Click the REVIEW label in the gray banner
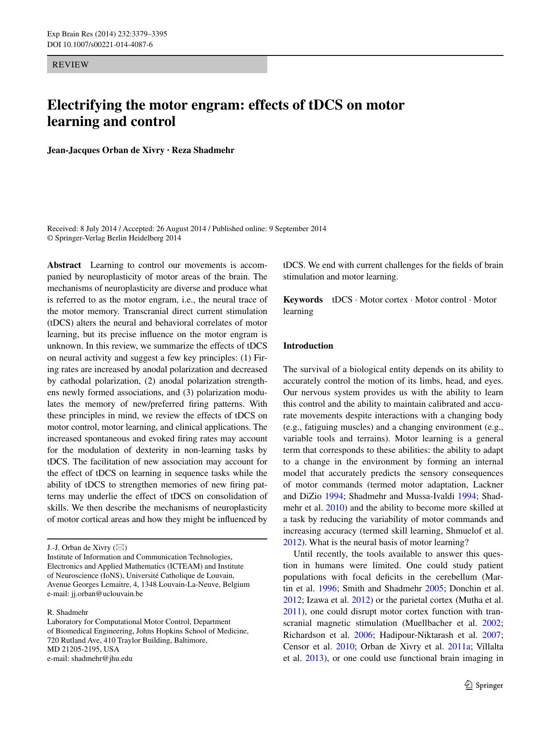tap(70, 65)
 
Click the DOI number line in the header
tap(100, 44)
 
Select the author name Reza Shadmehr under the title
tap(203, 150)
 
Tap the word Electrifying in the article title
tap(84, 105)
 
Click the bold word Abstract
tap(64, 265)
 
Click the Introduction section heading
tap(308, 346)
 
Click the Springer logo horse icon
tap(468, 685)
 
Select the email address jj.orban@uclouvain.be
tap(107, 593)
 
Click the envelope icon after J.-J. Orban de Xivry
tap(120, 547)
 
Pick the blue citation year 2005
tap(434, 589)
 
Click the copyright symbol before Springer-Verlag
tap(50, 238)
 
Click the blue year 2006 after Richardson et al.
tap(363, 635)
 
